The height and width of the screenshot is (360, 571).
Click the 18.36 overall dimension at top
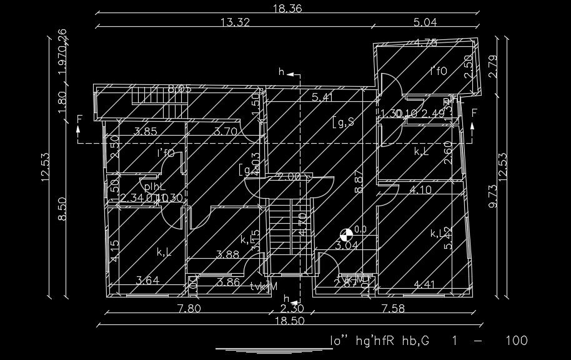pyautogui.click(x=287, y=8)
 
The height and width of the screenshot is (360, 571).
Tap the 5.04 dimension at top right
pyautogui.click(x=425, y=22)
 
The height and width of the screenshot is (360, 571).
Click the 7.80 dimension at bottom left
pyautogui.click(x=189, y=307)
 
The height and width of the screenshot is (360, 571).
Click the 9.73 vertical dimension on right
pyautogui.click(x=493, y=196)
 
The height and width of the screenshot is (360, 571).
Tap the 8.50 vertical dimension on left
pyautogui.click(x=62, y=209)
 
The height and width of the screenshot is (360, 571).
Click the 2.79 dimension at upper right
pyautogui.click(x=493, y=66)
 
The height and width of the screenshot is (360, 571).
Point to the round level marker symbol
pyautogui.click(x=345, y=235)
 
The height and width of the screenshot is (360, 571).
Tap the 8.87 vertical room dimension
pyautogui.click(x=358, y=182)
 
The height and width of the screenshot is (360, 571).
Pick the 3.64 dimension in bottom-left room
pyautogui.click(x=147, y=281)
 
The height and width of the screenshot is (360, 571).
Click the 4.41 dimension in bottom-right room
pyautogui.click(x=425, y=286)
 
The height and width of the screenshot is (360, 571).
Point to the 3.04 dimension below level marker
pyautogui.click(x=347, y=246)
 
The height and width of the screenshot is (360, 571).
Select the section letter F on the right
pyautogui.click(x=475, y=112)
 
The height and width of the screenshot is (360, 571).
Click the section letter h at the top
pyautogui.click(x=282, y=73)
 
